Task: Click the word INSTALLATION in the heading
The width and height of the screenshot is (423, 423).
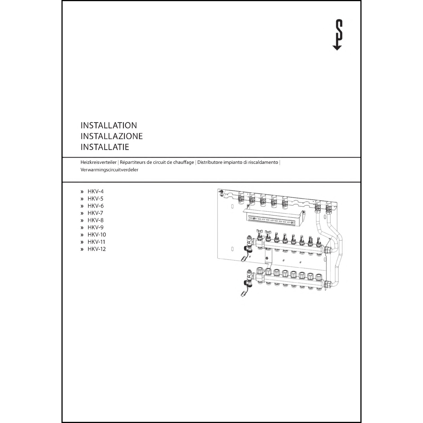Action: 109,125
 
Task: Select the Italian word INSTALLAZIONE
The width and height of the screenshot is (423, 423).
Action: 111,136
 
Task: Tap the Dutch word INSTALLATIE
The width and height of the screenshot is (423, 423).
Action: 105,147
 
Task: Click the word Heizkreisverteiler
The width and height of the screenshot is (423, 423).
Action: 98,162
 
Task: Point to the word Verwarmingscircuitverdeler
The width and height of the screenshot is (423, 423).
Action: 109,170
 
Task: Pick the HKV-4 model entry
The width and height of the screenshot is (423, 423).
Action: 95,191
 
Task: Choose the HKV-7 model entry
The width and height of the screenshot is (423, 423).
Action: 95,213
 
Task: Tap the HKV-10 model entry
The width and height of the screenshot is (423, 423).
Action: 96,235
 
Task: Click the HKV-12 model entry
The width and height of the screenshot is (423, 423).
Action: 96,249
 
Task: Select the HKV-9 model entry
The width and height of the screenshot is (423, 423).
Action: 95,227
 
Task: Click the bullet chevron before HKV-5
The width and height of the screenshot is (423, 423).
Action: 82,199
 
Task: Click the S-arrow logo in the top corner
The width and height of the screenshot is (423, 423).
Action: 337,35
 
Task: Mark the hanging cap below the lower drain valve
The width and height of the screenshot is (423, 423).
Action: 243,294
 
